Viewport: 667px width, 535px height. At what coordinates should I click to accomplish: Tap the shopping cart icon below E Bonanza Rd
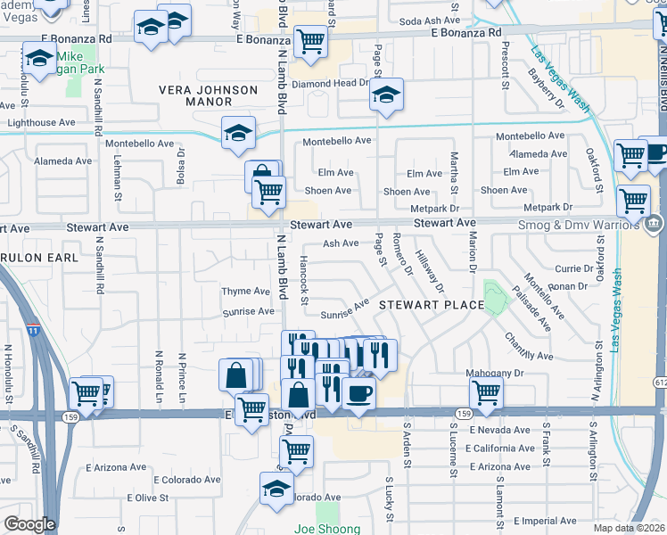[309, 40]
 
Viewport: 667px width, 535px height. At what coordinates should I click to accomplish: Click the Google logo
[29, 524]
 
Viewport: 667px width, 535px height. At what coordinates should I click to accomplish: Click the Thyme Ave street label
[246, 292]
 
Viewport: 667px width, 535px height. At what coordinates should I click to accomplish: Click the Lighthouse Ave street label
[42, 123]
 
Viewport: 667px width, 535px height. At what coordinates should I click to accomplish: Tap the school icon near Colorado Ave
[276, 487]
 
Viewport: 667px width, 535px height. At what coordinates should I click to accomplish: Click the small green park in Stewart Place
[491, 296]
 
